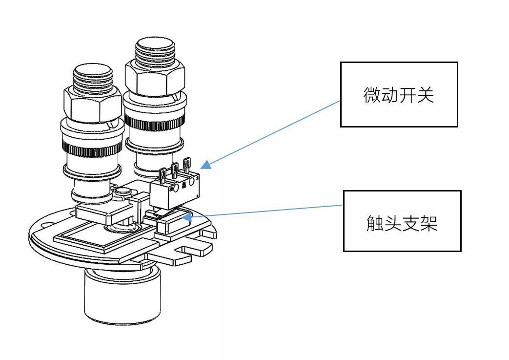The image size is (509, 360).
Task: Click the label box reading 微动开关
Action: (399, 94)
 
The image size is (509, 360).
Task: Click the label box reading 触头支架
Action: (402, 221)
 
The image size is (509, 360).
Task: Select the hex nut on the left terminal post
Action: (92, 103)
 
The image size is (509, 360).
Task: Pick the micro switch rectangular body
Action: (174, 193)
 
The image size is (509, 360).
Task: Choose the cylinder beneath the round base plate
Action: (122, 296)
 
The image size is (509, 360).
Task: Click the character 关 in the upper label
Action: (425, 95)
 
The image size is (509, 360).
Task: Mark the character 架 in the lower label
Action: (428, 222)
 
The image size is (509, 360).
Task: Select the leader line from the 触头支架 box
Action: (266, 211)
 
